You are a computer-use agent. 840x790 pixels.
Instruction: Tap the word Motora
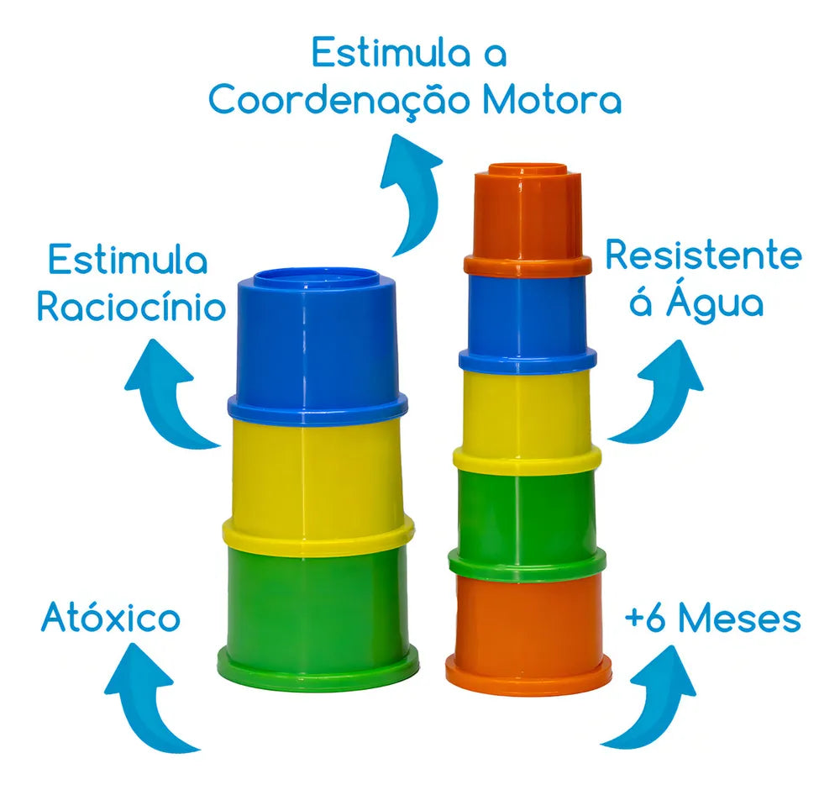click(x=552, y=99)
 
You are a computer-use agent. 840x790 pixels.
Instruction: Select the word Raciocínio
click(x=131, y=307)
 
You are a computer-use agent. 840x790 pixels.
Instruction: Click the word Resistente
click(x=703, y=255)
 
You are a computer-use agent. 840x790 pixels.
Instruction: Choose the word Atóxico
click(x=111, y=618)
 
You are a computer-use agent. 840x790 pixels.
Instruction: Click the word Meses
click(x=740, y=619)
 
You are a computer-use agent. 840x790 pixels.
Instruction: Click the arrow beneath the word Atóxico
click(x=150, y=697)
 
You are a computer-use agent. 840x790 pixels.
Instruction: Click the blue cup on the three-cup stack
click(x=318, y=345)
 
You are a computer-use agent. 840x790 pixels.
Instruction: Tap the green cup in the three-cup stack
click(x=318, y=616)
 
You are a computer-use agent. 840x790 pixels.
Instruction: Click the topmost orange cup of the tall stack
click(x=528, y=219)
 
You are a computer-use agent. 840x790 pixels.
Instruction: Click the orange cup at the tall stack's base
click(x=528, y=634)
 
